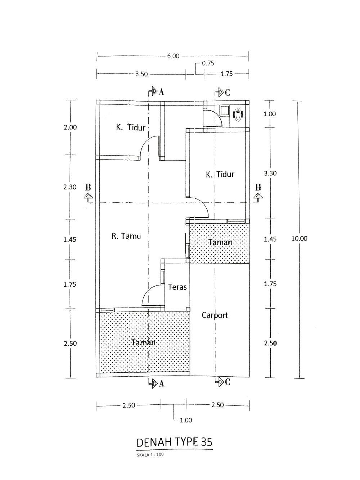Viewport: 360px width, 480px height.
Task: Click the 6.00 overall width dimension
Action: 173,56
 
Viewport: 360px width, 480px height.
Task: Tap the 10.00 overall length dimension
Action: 299,239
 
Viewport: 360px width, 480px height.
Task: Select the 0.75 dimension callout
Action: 208,63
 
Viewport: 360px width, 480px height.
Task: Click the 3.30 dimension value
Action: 270,174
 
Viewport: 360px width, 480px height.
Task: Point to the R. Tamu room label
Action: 126,236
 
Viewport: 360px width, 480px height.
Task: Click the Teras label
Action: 177,287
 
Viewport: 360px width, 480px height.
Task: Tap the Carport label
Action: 215,315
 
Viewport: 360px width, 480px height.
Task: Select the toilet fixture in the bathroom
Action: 238,115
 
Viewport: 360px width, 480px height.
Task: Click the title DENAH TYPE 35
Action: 174,442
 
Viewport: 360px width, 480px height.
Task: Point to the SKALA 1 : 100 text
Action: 150,455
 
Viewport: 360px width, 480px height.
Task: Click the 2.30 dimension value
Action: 70,187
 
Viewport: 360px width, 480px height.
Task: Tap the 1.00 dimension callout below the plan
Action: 186,420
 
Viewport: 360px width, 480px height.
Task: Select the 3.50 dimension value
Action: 141,74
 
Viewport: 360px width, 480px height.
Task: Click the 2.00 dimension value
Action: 70,127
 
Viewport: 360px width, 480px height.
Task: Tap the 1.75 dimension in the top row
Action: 226,74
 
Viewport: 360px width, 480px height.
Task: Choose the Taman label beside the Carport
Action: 220,242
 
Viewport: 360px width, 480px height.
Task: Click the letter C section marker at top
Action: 227,93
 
